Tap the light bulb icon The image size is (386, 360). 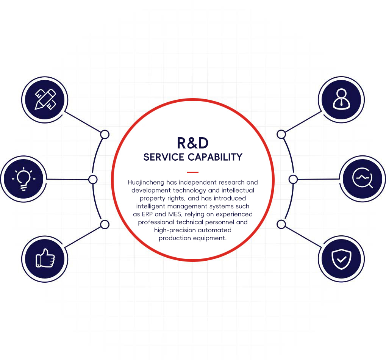(23, 179)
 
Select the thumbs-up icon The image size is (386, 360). (45, 259)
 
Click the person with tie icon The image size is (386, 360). (341, 99)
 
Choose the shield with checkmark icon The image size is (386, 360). (341, 259)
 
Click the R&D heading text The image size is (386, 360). (193, 143)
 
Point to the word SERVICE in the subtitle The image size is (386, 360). (164, 157)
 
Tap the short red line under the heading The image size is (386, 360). (192, 172)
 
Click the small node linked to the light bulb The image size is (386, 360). (93, 179)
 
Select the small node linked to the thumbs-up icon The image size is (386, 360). (105, 225)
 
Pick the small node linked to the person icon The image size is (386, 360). (281, 134)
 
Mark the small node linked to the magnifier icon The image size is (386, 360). (293, 179)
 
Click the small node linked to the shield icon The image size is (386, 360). (281, 225)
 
